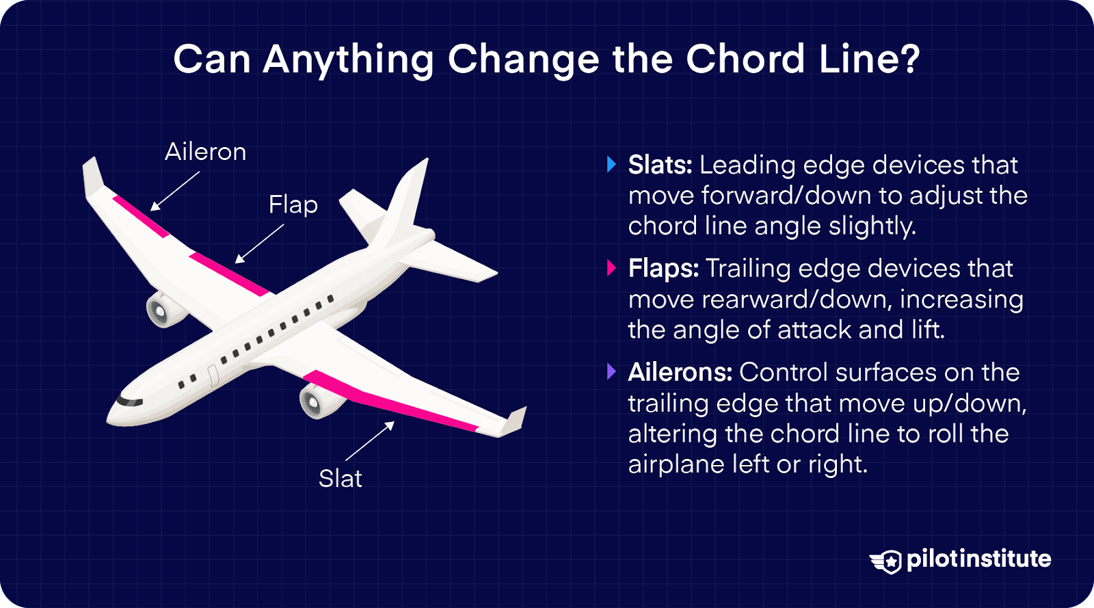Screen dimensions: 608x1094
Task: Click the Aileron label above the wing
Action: pyautogui.click(x=205, y=152)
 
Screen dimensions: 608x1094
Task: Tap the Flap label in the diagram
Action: pyautogui.click(x=293, y=204)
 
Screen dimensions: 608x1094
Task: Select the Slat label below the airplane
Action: pyautogui.click(x=340, y=478)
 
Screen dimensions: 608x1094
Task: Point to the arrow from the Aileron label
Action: pyautogui.click(x=174, y=191)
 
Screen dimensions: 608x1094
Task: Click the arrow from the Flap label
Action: pyautogui.click(x=259, y=243)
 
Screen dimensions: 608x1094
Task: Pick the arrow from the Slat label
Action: pyautogui.click(x=370, y=441)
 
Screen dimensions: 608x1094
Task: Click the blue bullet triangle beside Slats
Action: pyautogui.click(x=611, y=165)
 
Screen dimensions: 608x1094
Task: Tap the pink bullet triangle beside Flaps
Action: pyautogui.click(x=611, y=268)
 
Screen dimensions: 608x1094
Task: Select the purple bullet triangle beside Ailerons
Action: pyautogui.click(x=611, y=372)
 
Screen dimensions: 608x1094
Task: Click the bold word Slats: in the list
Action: pyautogui.click(x=661, y=165)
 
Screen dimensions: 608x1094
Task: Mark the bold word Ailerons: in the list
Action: pyautogui.click(x=680, y=372)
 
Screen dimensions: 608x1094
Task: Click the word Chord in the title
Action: pyautogui.click(x=745, y=59)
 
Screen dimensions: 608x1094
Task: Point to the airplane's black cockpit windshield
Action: pyautogui.click(x=129, y=401)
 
